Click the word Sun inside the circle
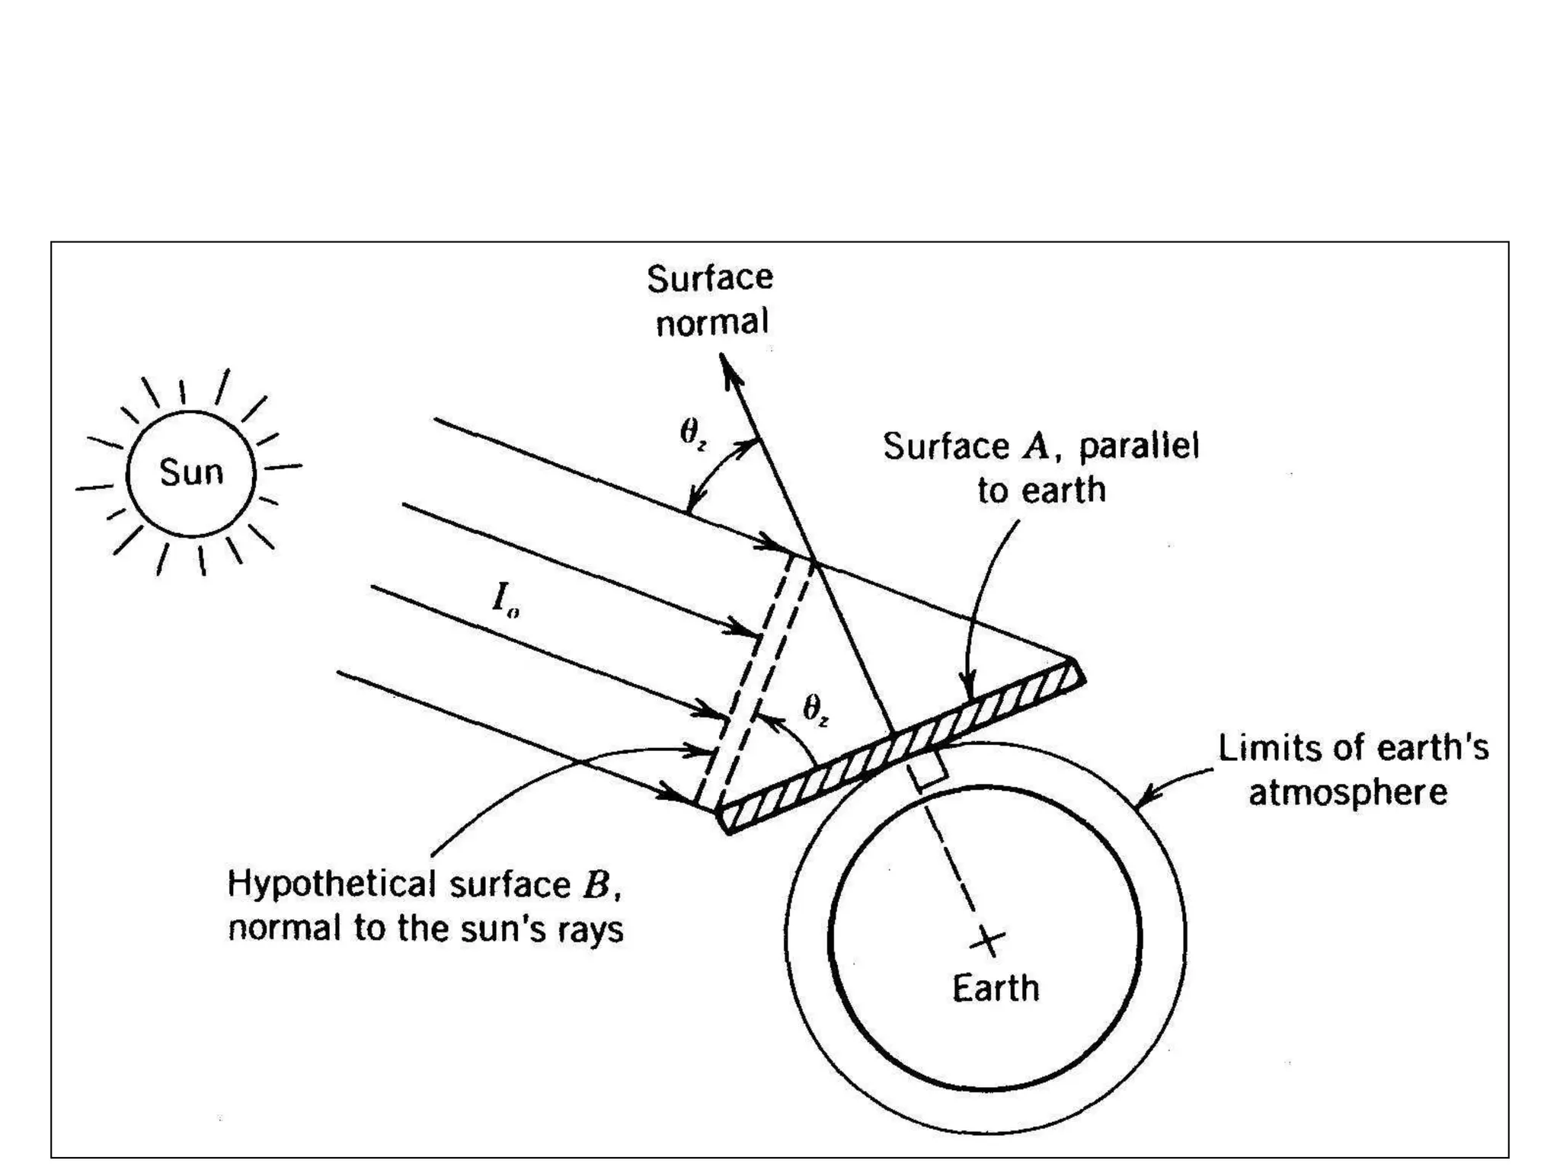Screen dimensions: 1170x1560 191,473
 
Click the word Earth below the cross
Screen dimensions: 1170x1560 996,989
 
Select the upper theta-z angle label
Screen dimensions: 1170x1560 692,434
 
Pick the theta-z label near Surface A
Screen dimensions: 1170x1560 815,710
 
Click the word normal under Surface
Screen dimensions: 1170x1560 712,323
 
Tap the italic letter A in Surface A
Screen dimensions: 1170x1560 1036,447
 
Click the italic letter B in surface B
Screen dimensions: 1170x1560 596,885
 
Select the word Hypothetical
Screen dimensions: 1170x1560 332,886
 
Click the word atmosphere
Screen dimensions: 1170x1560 1347,793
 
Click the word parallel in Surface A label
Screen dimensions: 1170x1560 1139,446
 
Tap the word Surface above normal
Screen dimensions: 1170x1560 710,279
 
